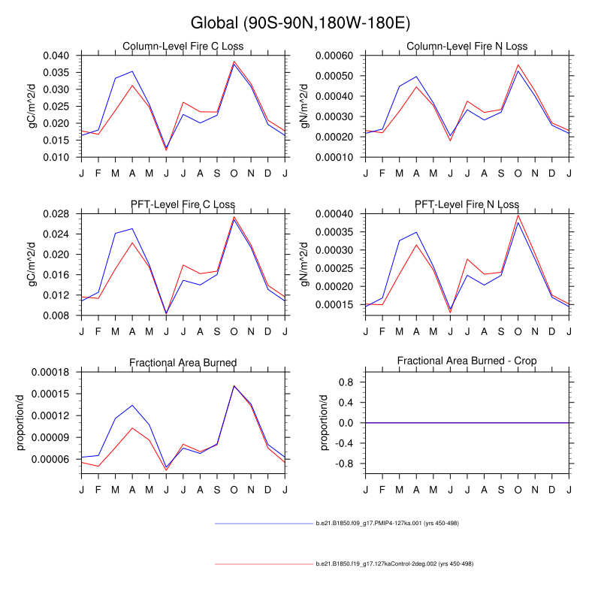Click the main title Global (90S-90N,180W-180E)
click(x=300, y=23)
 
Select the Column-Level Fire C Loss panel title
click(x=183, y=47)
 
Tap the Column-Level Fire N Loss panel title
click(x=467, y=47)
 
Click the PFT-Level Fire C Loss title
click(x=183, y=204)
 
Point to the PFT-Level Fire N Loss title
click(x=467, y=204)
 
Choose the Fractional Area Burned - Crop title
click(x=467, y=362)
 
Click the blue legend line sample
click(x=263, y=523)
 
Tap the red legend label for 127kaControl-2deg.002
click(x=394, y=563)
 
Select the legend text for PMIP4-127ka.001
click(x=387, y=523)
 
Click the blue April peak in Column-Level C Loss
click(x=132, y=71)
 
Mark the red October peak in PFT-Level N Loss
click(x=518, y=216)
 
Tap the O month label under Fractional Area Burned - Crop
click(x=518, y=489)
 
